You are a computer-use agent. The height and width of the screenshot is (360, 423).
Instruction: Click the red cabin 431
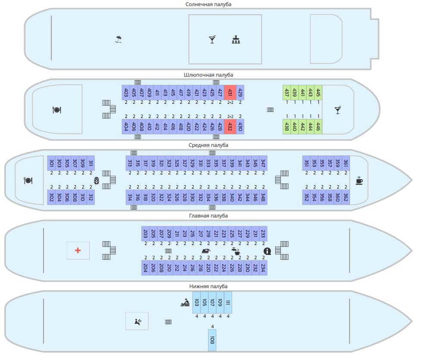(x=230, y=92)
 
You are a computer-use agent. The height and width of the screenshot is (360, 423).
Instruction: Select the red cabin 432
(x=230, y=127)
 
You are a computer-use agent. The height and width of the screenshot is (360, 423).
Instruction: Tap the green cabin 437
(x=286, y=92)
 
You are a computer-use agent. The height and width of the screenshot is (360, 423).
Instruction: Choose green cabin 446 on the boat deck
(x=318, y=127)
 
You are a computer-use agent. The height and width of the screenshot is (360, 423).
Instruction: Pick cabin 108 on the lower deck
(x=212, y=340)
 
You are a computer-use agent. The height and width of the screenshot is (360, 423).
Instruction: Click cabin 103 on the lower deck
(x=196, y=303)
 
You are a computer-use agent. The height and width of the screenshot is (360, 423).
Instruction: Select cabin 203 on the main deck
(x=146, y=234)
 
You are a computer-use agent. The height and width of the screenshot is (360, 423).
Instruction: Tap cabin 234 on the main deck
(x=263, y=267)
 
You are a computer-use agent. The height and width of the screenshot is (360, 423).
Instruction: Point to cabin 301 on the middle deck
(x=51, y=163)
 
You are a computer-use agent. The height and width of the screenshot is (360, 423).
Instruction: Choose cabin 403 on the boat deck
(x=126, y=92)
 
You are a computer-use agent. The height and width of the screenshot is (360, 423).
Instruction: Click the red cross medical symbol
(x=78, y=250)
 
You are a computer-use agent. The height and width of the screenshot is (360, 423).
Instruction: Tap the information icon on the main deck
(x=267, y=251)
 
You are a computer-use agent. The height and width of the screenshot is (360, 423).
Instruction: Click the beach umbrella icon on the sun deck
(x=118, y=40)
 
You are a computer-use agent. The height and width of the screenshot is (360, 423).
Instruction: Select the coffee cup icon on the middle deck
(x=359, y=180)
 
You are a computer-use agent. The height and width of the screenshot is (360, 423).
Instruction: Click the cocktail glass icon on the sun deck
(x=212, y=40)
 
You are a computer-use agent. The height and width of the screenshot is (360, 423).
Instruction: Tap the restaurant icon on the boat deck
(x=57, y=110)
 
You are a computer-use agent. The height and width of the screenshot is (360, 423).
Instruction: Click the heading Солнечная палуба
(x=208, y=4)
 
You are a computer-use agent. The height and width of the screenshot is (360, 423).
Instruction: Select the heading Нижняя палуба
(x=208, y=286)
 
